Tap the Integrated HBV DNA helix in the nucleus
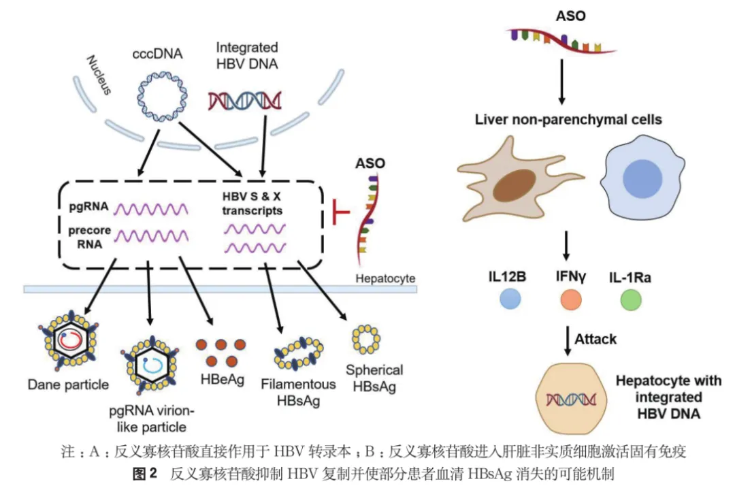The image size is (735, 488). (x=245, y=101)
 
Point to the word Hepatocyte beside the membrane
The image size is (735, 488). (x=385, y=278)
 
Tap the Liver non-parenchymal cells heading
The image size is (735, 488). (x=568, y=120)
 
